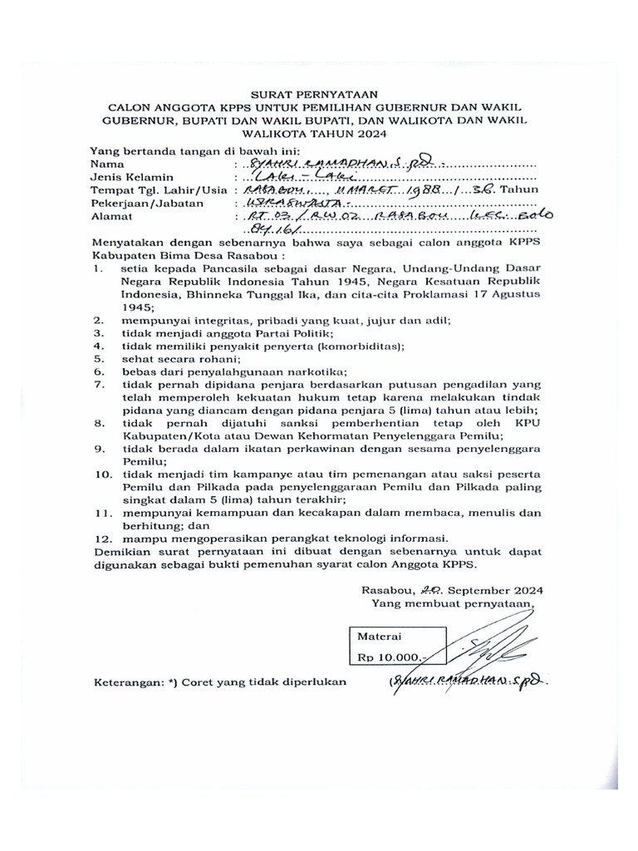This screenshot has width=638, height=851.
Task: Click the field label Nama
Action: pos(106,164)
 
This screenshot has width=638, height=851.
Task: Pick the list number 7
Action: pos(98,385)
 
